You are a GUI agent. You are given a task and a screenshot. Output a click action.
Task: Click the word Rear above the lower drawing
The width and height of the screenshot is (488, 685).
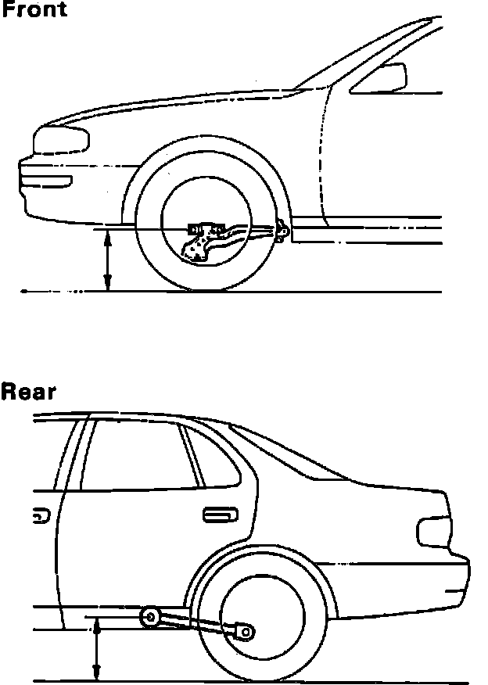pyautogui.click(x=28, y=391)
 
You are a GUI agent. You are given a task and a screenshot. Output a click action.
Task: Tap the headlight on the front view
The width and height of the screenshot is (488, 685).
pyautogui.click(x=61, y=141)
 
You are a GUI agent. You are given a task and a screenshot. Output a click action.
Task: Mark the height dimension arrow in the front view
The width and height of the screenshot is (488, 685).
pyautogui.click(x=109, y=260)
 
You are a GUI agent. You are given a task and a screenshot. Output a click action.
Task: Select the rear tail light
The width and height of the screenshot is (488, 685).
pyautogui.click(x=436, y=531)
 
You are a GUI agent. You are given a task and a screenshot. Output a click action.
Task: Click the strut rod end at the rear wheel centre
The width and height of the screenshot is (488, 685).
pyautogui.click(x=246, y=629)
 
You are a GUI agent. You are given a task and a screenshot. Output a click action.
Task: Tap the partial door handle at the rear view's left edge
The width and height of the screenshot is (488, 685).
pyautogui.click(x=38, y=515)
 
